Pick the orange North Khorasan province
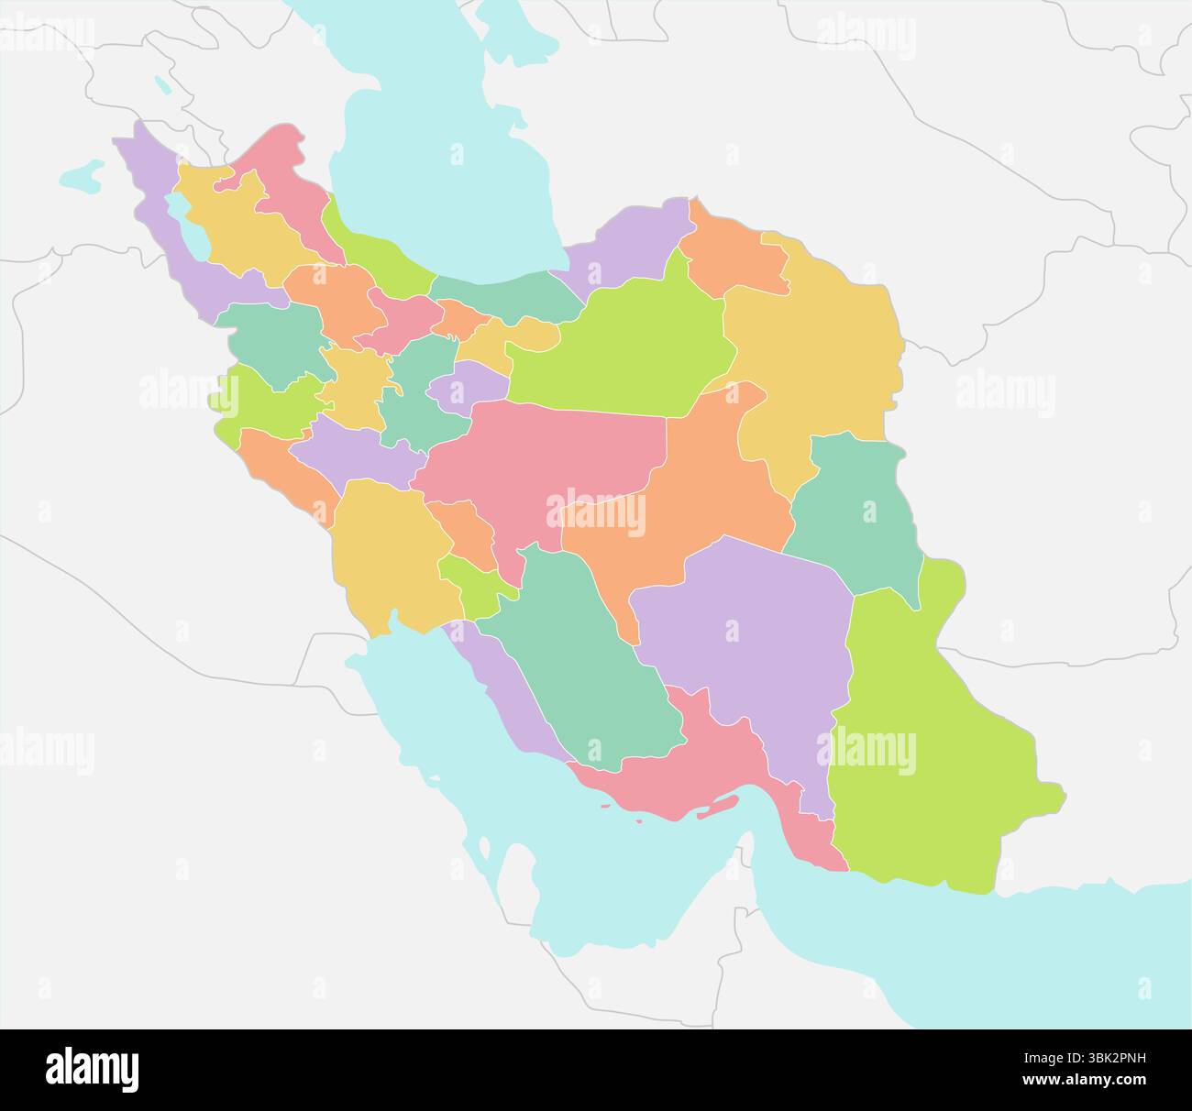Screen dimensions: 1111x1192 (x=734, y=252)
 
